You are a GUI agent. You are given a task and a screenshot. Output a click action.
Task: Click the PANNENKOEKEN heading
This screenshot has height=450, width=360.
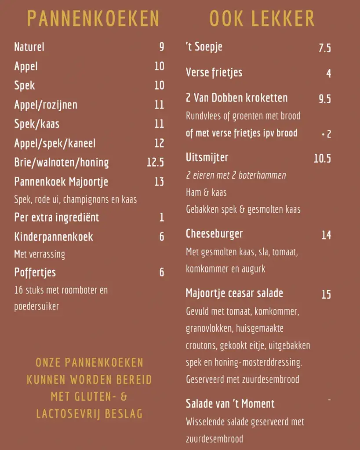click(93, 18)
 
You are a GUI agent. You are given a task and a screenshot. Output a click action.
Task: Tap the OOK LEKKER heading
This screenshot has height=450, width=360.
click(262, 18)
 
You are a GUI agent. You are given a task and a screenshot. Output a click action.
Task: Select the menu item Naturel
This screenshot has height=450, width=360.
click(29, 47)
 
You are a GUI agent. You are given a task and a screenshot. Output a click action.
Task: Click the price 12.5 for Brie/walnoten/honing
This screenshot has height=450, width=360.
click(155, 162)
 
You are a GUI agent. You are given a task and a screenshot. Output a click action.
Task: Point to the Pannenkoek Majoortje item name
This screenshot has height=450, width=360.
click(61, 181)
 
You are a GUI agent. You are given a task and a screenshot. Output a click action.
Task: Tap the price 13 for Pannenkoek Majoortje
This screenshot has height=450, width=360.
click(159, 181)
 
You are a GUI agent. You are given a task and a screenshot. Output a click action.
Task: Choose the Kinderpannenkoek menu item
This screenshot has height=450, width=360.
click(54, 236)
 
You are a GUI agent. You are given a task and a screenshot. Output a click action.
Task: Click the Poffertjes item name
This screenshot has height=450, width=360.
click(35, 272)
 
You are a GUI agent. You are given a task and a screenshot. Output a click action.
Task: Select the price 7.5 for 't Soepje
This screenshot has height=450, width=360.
click(324, 48)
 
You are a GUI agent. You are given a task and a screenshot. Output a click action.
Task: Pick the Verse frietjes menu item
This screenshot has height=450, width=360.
click(214, 73)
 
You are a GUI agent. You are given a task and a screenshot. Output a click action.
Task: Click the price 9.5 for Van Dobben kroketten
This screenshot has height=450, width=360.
click(324, 99)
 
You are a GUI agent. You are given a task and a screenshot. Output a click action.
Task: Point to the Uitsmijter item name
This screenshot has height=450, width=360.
click(207, 157)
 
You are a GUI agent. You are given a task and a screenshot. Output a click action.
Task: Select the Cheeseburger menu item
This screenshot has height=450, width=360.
click(215, 233)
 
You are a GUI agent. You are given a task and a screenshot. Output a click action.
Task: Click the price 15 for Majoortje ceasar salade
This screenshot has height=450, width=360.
click(326, 294)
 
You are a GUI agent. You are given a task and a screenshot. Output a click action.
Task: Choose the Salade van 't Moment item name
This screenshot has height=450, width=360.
click(230, 403)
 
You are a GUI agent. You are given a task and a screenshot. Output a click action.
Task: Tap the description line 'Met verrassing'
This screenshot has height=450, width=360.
click(40, 254)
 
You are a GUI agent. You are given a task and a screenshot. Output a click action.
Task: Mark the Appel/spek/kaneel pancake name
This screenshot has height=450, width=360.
click(55, 143)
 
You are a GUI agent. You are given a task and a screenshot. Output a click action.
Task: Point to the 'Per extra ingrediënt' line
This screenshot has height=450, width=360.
click(57, 217)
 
